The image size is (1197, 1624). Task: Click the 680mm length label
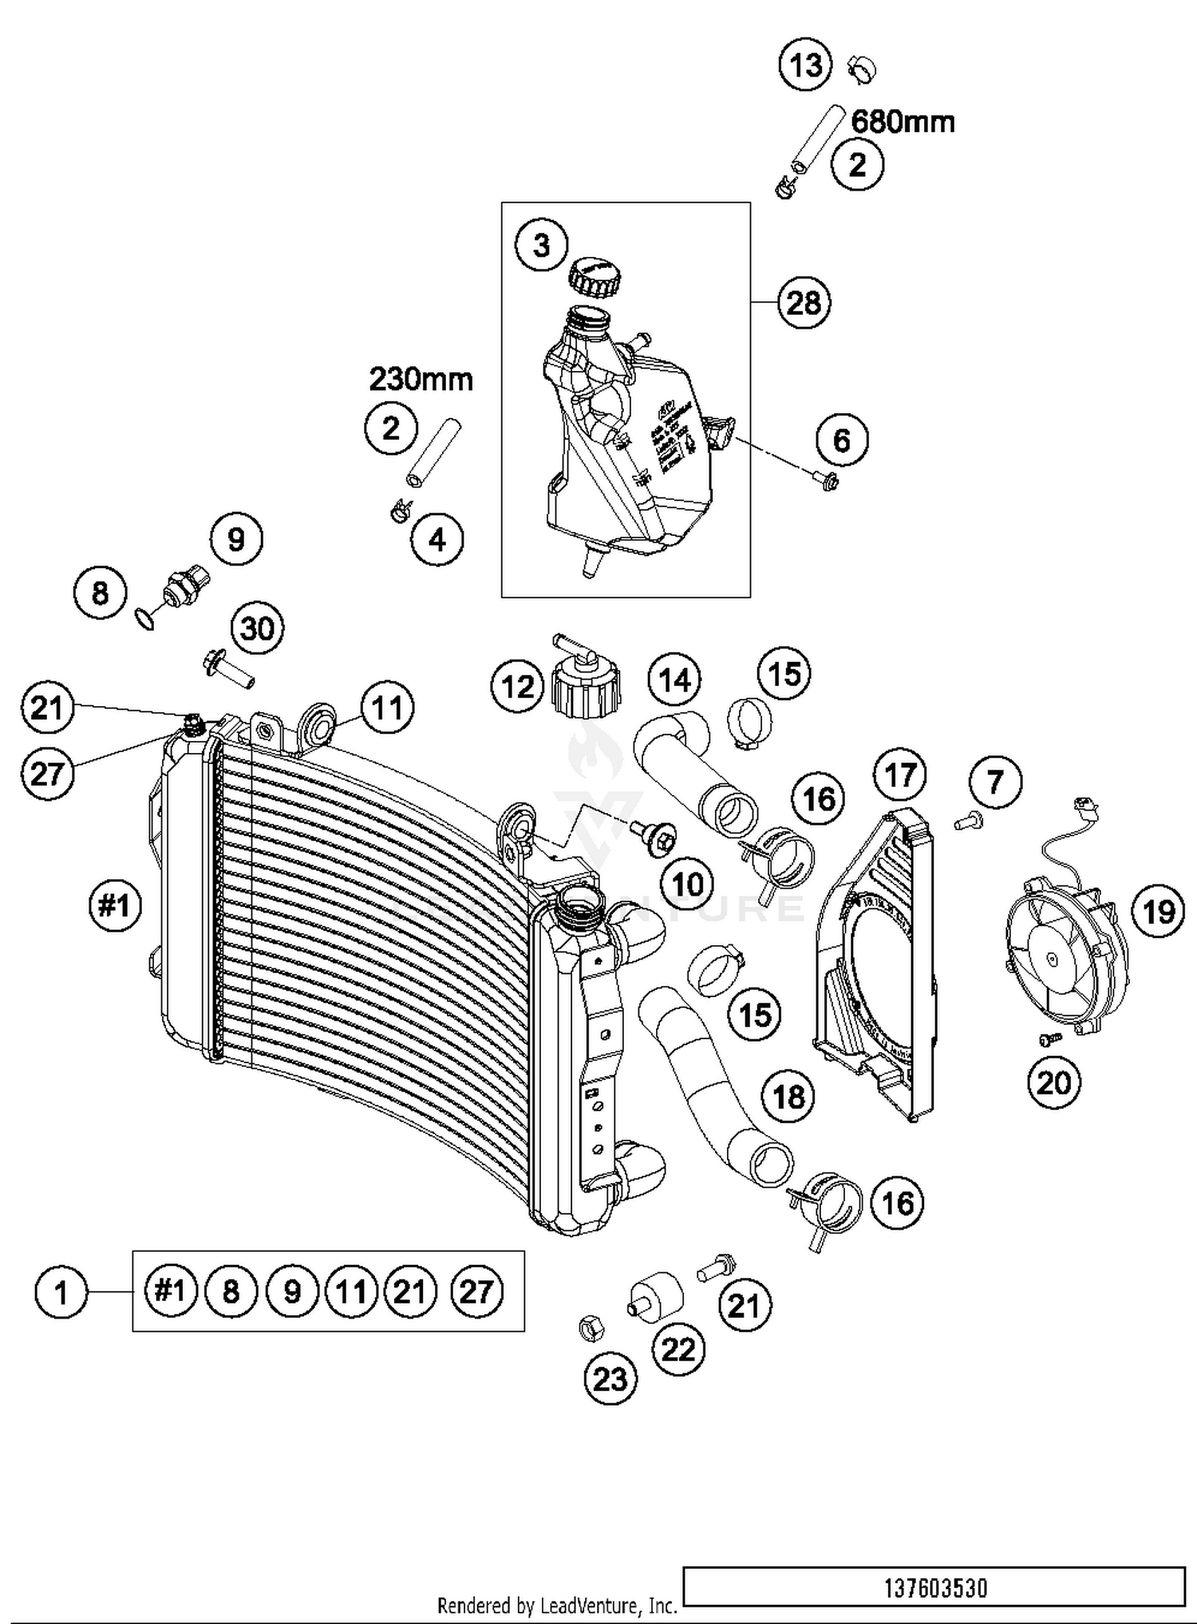point(903,121)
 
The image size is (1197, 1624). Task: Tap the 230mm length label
point(421,379)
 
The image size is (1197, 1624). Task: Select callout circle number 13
point(805,65)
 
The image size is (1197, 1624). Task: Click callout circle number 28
point(804,302)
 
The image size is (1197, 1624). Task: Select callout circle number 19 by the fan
point(1159,910)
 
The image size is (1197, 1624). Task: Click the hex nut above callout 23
point(591,1326)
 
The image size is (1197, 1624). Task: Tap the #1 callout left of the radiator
point(115,905)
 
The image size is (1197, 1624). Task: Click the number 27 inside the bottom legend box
point(476,1291)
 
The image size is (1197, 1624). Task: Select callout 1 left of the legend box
point(61,1291)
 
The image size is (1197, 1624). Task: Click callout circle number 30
point(257,629)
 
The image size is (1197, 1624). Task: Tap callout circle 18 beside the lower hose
point(788,1096)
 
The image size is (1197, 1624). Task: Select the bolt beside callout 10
point(654,838)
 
